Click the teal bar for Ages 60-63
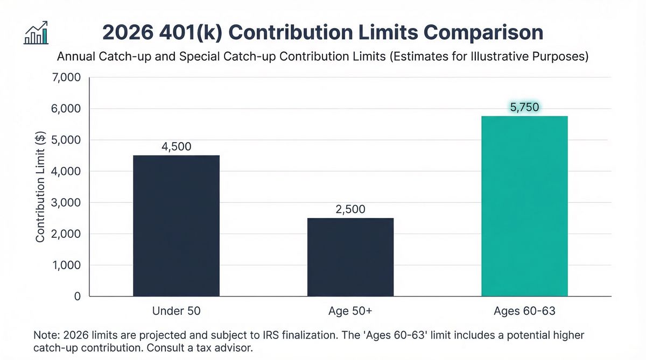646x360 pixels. pyautogui.click(x=524, y=206)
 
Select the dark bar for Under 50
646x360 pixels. pyautogui.click(x=176, y=225)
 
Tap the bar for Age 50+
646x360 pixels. pyautogui.click(x=350, y=257)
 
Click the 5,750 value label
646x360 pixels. pyautogui.click(x=524, y=107)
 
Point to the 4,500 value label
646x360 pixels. pyautogui.click(x=176, y=146)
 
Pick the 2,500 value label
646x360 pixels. pyautogui.click(x=350, y=209)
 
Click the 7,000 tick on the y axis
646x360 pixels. pyautogui.click(x=66, y=78)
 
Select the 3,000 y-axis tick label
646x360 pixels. pyautogui.click(x=66, y=203)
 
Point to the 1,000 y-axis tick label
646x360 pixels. pyautogui.click(x=66, y=265)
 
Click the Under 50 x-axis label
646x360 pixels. pyautogui.click(x=176, y=312)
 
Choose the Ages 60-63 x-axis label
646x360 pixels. pyautogui.click(x=524, y=312)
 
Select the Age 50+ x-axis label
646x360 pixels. pyautogui.click(x=350, y=312)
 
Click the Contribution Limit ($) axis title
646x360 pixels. pyautogui.click(x=40, y=187)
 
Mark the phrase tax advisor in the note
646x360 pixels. pyautogui.click(x=222, y=348)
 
